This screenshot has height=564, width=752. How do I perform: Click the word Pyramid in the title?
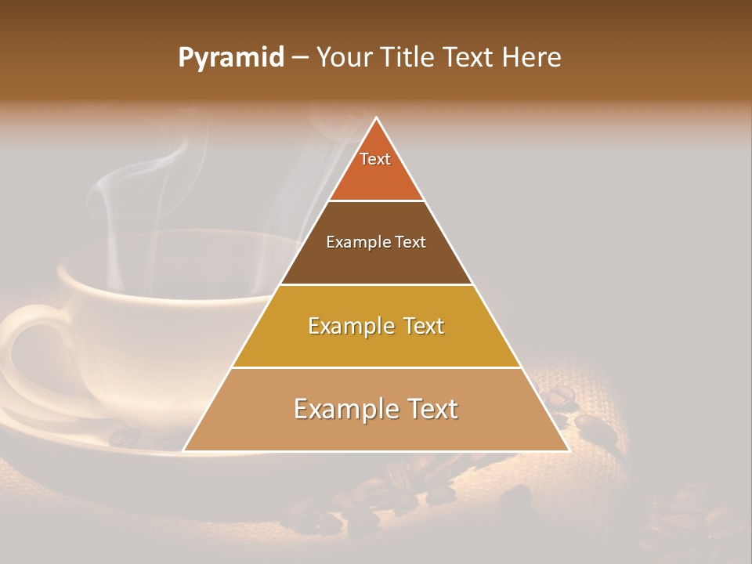pyautogui.click(x=231, y=58)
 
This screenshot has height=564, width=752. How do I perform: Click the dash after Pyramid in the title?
pyautogui.click(x=301, y=58)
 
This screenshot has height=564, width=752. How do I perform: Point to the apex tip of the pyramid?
pyautogui.click(x=376, y=118)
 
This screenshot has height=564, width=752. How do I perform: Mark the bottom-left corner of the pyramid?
pyautogui.click(x=184, y=450)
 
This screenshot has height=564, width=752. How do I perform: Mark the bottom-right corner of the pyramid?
pyautogui.click(x=568, y=450)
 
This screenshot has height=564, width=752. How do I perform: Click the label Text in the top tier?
pyautogui.click(x=375, y=159)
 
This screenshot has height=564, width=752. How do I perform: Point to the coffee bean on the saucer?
pyautogui.click(x=124, y=436)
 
